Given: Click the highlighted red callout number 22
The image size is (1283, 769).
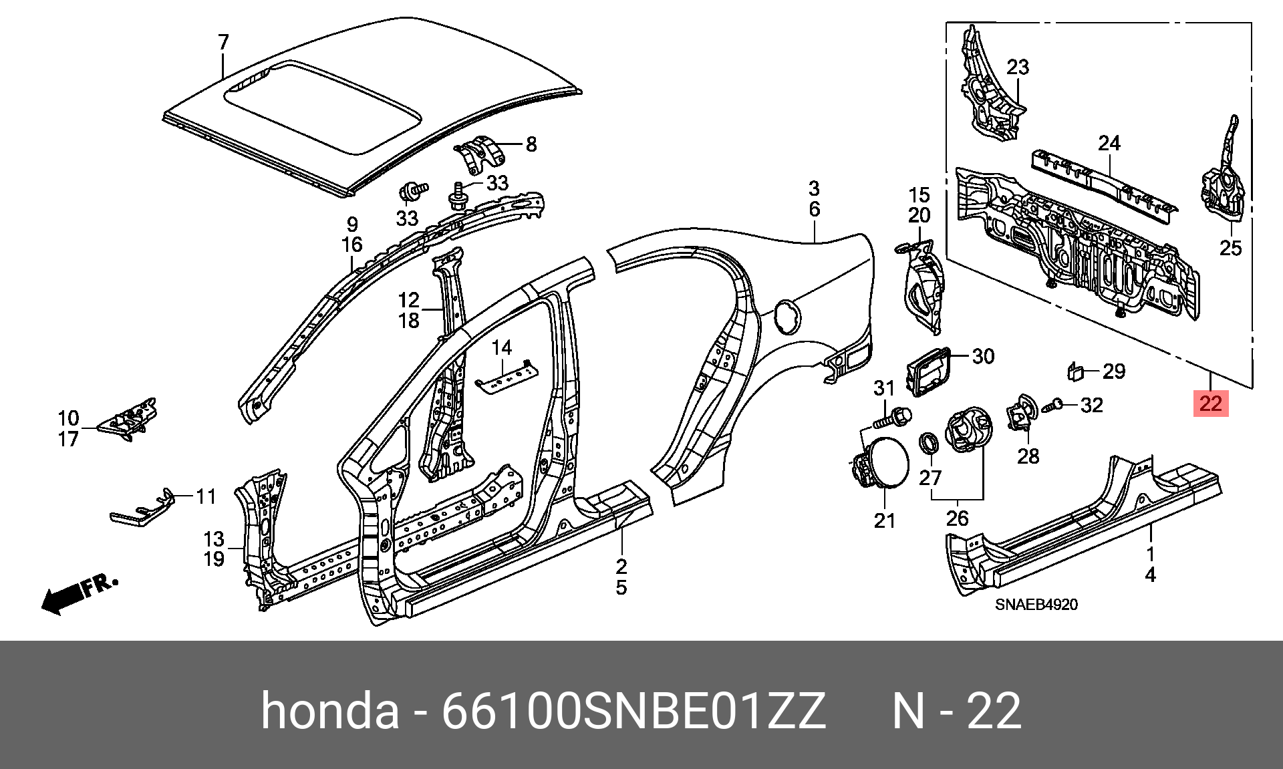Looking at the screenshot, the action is [1211, 404].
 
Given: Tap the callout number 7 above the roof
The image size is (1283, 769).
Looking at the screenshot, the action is [223, 43].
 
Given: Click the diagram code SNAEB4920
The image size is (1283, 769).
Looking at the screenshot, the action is [1036, 605].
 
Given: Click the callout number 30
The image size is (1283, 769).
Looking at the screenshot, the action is [983, 356].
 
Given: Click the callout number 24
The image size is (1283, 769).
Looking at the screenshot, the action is [1109, 143].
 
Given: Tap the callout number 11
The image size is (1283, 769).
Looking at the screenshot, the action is [206, 496].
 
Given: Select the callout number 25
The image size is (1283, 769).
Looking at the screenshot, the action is [1230, 248].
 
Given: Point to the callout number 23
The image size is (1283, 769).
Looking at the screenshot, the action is [1018, 67].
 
